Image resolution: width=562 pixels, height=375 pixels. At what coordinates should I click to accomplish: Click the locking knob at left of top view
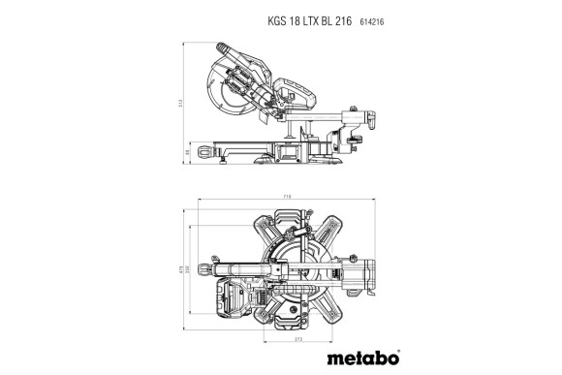pyautogui.click(x=204, y=268)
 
